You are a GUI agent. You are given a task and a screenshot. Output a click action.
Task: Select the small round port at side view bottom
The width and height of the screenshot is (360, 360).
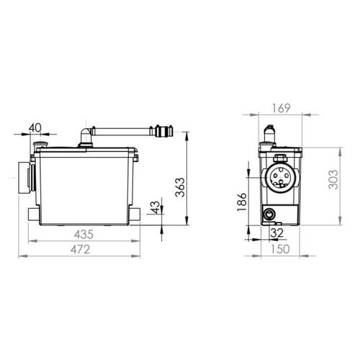click(269, 213)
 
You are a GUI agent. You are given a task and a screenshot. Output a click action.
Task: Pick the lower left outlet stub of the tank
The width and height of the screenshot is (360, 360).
click(28, 213)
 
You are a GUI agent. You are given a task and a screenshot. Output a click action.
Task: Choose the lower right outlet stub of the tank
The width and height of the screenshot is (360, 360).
click(136, 215)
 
